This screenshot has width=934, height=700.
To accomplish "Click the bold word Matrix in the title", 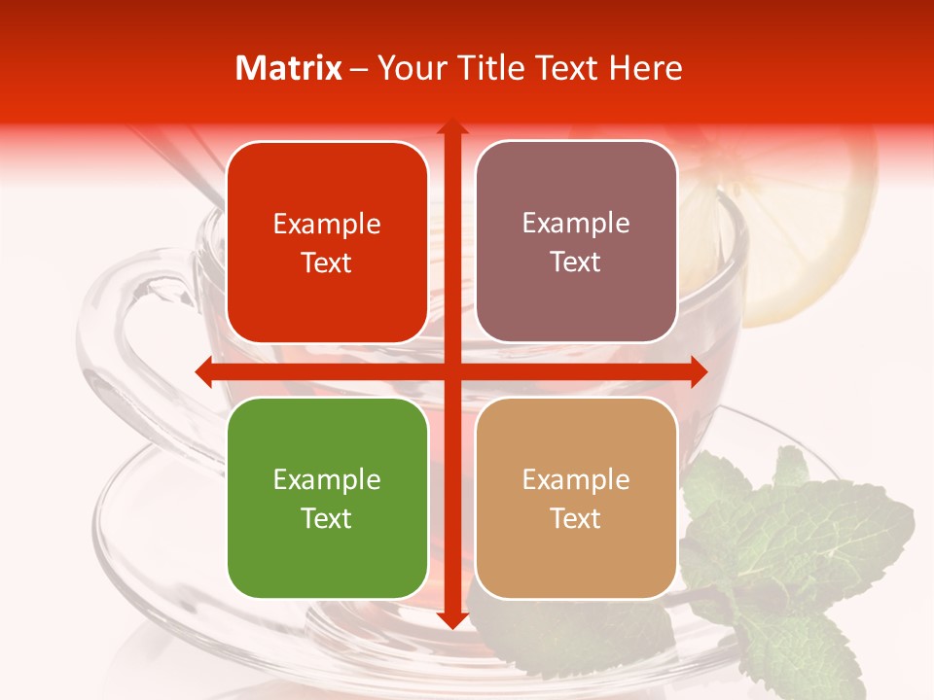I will point(289,68).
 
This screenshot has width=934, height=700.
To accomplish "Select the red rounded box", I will point(327,242).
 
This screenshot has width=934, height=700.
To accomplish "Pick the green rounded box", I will point(327,498).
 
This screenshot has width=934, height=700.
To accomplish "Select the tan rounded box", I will point(576,498).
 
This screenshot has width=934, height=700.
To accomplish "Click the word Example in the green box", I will point(327,480).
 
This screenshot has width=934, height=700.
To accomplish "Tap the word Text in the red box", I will point(327,262).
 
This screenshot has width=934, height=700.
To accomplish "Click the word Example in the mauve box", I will point(576,224).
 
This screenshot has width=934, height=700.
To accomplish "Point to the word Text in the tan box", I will point(576,518).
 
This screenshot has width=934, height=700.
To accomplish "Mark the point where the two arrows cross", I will point(451,371).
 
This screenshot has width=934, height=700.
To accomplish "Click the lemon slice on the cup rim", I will point(798,233).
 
